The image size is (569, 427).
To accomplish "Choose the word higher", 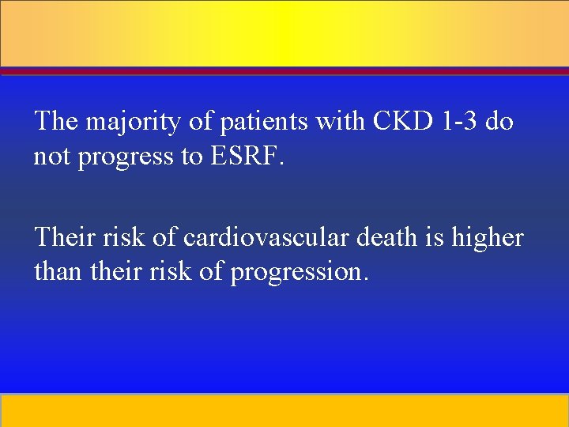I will tap(488, 238).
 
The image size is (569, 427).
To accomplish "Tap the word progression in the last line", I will tap(299, 273).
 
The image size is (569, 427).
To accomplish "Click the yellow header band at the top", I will tap(284, 33).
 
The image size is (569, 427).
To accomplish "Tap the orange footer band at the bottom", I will tap(284, 410).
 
